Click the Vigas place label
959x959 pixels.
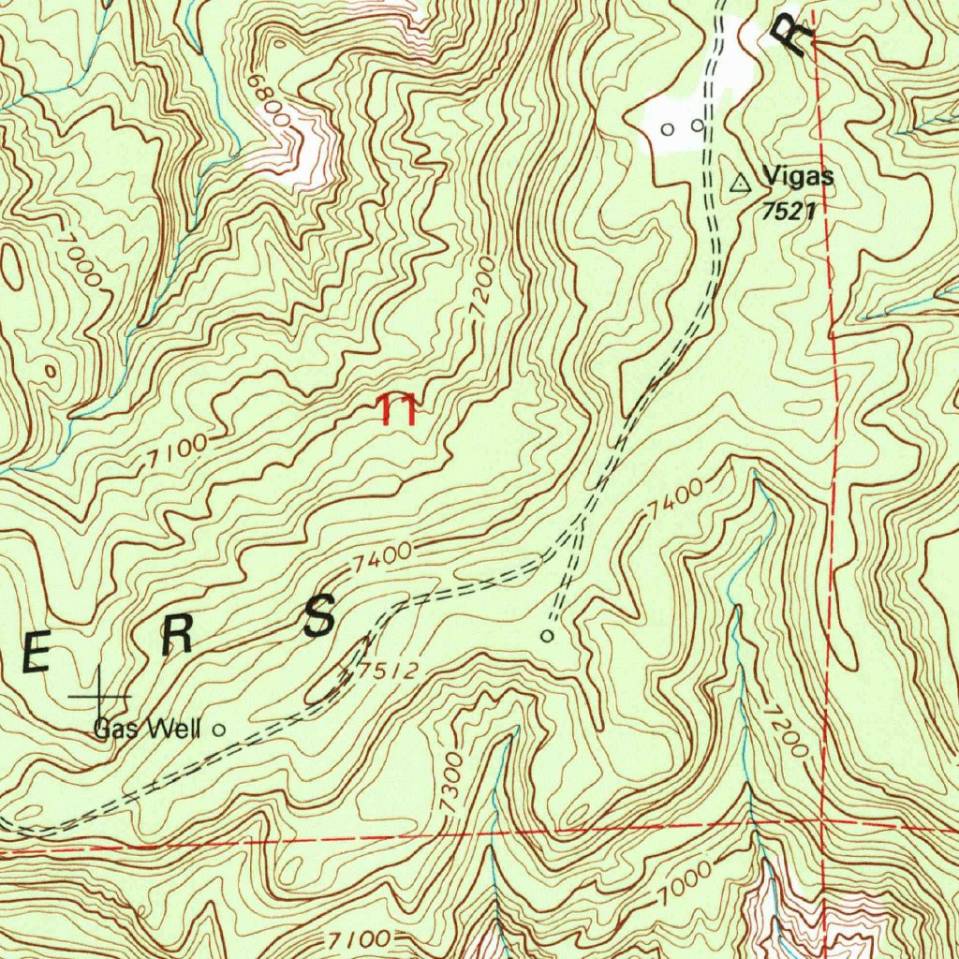(x=797, y=175)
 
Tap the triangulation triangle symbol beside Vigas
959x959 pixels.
(x=740, y=183)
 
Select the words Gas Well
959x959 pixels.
(x=147, y=729)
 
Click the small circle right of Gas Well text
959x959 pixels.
(x=220, y=729)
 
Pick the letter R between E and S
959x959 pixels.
(x=176, y=637)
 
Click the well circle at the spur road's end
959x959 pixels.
(x=548, y=636)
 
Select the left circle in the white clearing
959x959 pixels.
(x=667, y=127)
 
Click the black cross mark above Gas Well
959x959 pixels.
(x=100, y=696)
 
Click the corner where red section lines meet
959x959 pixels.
(x=822, y=819)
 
